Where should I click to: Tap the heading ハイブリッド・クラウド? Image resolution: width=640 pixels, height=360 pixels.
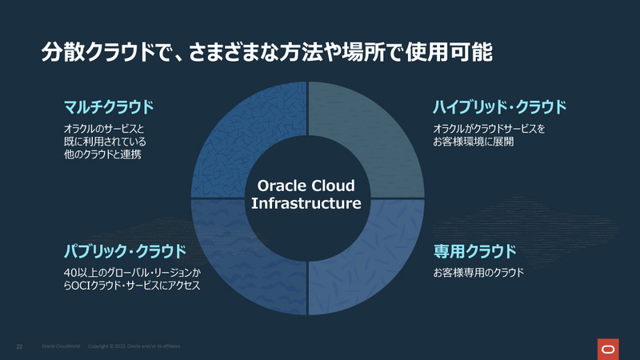click(499, 106)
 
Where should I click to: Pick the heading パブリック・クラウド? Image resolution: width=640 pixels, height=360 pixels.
click(124, 251)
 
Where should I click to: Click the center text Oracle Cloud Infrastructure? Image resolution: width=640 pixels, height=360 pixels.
click(306, 194)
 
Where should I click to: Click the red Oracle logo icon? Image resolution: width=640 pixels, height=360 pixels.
click(608, 348)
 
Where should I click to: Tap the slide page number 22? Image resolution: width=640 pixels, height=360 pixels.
click(19, 347)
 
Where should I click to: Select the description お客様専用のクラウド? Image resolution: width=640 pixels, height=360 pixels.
click(478, 273)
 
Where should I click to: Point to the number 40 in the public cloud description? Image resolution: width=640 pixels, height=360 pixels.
click(70, 273)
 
